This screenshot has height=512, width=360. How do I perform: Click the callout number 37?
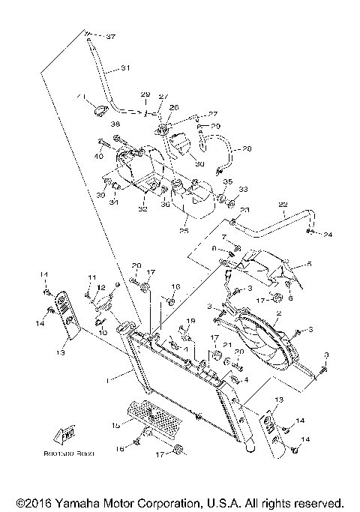coord(111,37)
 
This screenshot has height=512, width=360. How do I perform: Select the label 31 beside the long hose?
coord(126,68)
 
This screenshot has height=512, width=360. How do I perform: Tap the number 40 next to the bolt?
coord(98,156)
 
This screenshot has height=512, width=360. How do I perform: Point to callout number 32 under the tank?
coord(142,209)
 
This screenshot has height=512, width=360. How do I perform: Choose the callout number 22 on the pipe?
coord(283,205)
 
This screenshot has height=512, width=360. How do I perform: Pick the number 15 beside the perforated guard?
coord(115,425)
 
